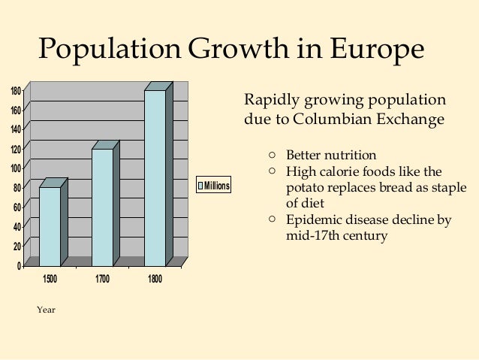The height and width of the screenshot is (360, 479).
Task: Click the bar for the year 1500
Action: (x=50, y=225)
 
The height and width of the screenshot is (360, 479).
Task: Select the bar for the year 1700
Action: (x=102, y=207)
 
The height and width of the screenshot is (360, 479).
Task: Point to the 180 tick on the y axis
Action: (x=15, y=92)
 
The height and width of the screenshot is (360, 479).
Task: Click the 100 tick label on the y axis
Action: (x=15, y=168)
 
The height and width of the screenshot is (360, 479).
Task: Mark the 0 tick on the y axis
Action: (x=18, y=265)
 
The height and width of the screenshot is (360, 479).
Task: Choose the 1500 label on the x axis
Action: (x=50, y=280)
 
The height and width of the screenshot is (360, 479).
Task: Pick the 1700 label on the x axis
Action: (x=102, y=280)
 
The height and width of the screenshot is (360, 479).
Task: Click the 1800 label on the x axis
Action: (x=155, y=280)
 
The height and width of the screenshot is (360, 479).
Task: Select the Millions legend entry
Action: (x=213, y=186)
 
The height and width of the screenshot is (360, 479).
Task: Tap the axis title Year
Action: (x=47, y=310)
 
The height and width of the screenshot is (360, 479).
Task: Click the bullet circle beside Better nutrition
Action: (x=273, y=155)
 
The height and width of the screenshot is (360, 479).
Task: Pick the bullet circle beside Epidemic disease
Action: (x=273, y=219)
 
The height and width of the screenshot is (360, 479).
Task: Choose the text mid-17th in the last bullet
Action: (x=311, y=235)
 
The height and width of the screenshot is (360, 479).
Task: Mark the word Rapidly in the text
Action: (x=269, y=101)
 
